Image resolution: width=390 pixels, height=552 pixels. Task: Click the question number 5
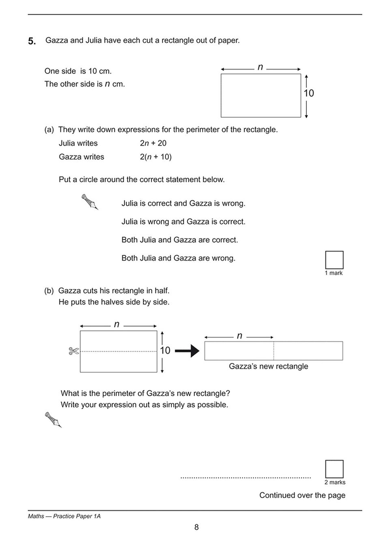tap(32, 41)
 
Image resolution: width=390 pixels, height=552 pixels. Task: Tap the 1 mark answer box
tap(334, 260)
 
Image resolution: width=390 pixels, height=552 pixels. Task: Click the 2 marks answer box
tap(334, 469)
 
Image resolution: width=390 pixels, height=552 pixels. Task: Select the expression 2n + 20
tap(153, 143)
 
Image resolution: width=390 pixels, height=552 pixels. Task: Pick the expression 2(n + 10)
tap(155, 157)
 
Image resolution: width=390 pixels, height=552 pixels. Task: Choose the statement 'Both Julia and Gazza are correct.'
tap(180, 240)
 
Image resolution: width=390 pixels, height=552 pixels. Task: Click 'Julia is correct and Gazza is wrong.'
tap(183, 203)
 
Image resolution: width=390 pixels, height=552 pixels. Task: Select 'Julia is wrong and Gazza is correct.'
tap(183, 222)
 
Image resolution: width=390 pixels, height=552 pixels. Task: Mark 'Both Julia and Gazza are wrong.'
tap(178, 258)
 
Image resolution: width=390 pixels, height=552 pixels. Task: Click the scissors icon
tap(73, 351)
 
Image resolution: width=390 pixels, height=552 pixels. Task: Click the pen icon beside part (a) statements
tap(90, 202)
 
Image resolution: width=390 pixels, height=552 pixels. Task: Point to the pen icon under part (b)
tap(53, 420)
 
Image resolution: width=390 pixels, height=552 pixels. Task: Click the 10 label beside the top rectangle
tap(308, 93)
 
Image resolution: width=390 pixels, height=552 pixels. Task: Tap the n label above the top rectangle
tap(260, 67)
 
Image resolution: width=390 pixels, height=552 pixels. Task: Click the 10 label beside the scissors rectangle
tap(165, 350)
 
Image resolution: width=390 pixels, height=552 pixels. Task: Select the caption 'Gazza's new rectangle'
tap(268, 366)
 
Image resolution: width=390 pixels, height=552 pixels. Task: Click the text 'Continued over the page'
tap(302, 495)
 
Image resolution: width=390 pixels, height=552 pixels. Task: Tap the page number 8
tap(196, 527)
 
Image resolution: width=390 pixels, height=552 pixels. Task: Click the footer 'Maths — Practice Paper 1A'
tap(64, 516)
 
